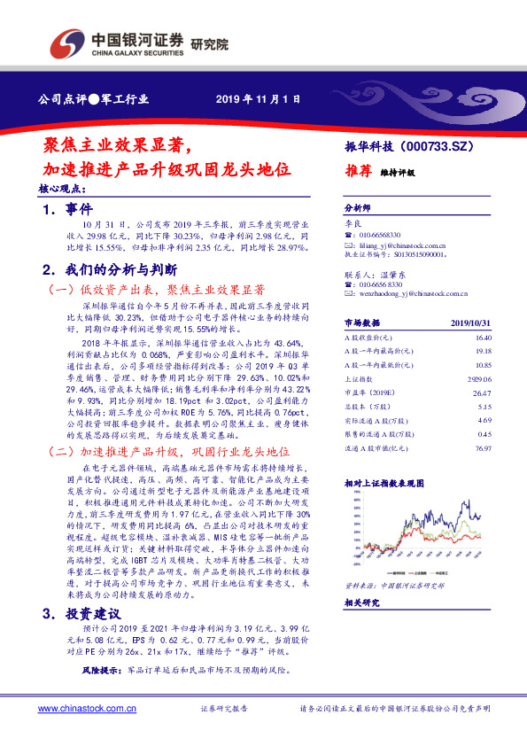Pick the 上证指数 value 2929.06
(479, 377)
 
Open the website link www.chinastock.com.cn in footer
(87, 709)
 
